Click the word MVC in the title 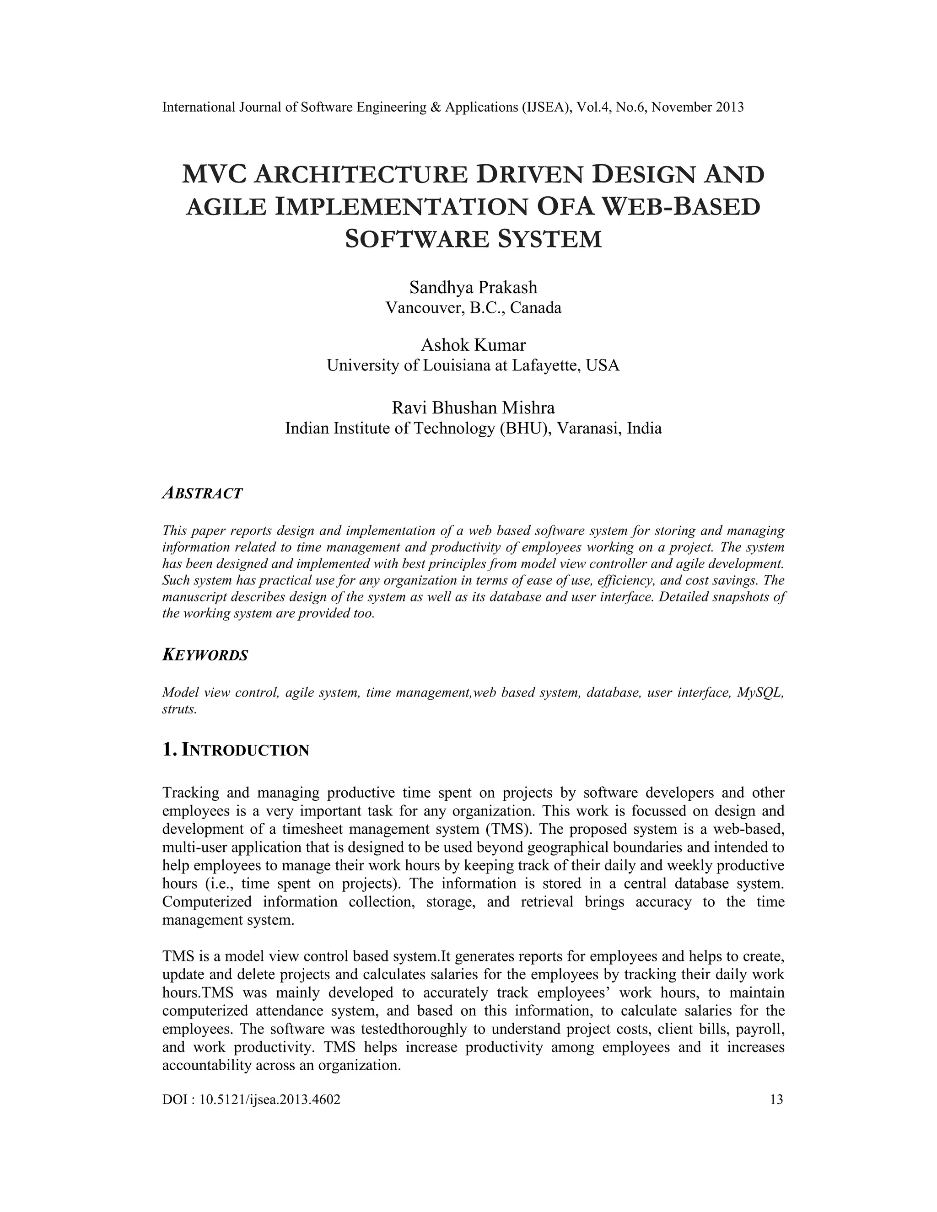215,175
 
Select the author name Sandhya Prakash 473,288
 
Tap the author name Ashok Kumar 473,345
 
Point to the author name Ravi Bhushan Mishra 473,408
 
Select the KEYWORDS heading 205,655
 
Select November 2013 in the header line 697,107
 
